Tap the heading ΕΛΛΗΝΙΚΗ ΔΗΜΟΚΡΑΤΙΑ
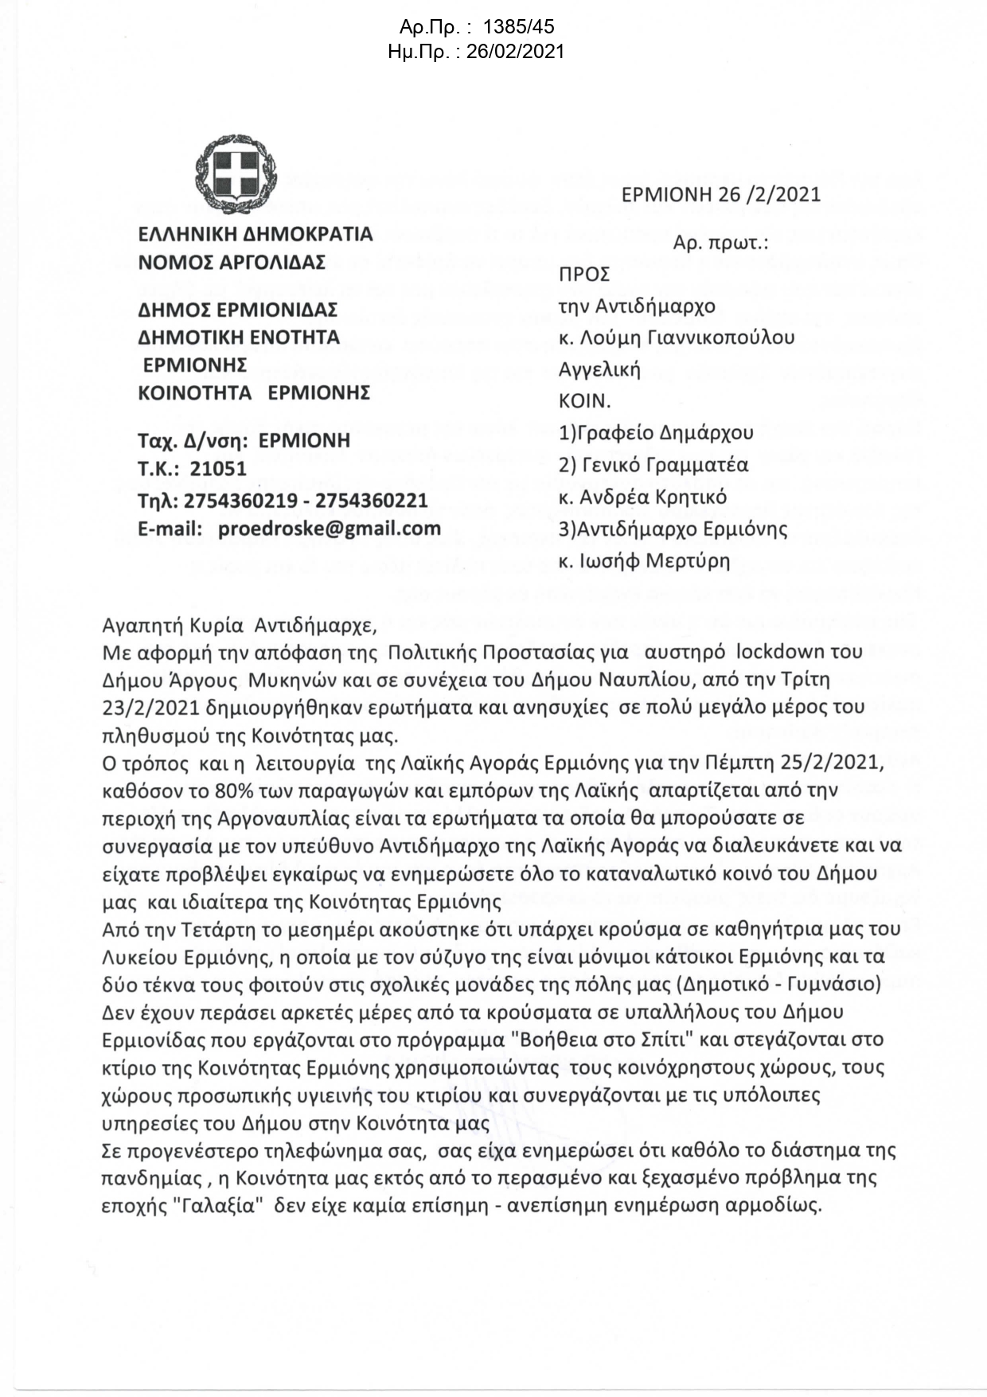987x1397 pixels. point(255,234)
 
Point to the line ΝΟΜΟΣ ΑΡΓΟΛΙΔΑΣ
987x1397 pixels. point(232,262)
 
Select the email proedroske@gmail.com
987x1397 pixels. point(329,528)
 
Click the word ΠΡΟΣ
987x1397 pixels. point(584,275)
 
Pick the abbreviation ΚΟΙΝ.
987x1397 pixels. point(584,401)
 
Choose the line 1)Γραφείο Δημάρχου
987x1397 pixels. point(656,433)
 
